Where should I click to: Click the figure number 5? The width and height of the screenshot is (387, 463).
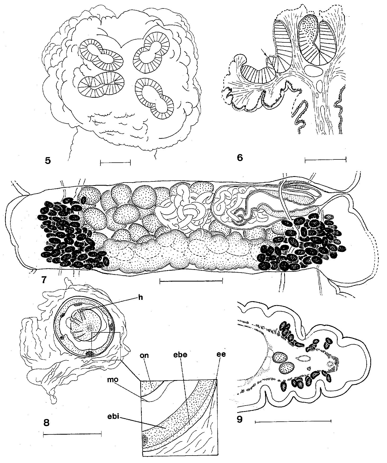coord(48,161)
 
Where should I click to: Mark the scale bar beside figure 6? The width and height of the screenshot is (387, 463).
coord(326,159)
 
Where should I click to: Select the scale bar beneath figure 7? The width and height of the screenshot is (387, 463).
coord(191,281)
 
